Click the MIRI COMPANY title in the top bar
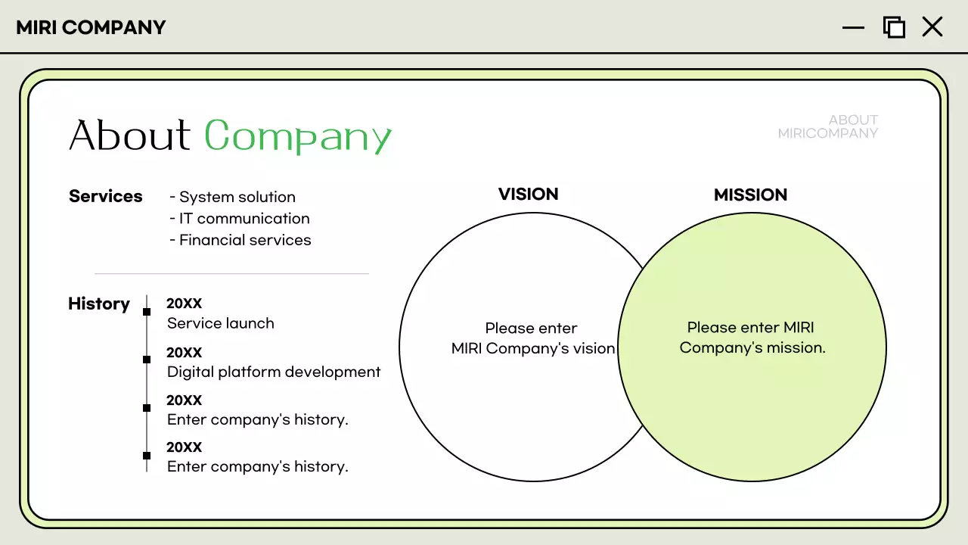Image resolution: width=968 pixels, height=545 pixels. pos(91,28)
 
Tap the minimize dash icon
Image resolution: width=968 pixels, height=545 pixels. pos(853,28)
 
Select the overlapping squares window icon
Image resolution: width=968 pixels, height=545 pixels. pos(894,27)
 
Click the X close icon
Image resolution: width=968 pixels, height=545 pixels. pos(932,27)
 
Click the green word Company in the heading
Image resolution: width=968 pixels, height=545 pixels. pos(298,137)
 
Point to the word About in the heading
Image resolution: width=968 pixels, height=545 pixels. pos(130,136)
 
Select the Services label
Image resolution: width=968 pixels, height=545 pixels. pos(106,196)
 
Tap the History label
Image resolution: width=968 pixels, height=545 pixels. pos(99,304)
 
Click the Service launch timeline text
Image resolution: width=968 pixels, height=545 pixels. pos(221,323)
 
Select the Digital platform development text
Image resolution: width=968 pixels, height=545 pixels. pos(274,372)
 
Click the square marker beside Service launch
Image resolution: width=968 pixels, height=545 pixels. pos(147,312)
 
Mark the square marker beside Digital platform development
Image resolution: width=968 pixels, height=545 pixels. pos(147,360)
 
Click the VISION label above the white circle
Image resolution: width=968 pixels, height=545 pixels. pos(528,195)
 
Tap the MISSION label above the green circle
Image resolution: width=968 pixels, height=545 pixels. pos(750,195)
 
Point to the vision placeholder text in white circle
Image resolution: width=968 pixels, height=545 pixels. pos(532,338)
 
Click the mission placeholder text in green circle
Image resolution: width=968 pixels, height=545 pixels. pos(752,338)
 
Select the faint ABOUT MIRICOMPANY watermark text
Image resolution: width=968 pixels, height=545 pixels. pos(828,126)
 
